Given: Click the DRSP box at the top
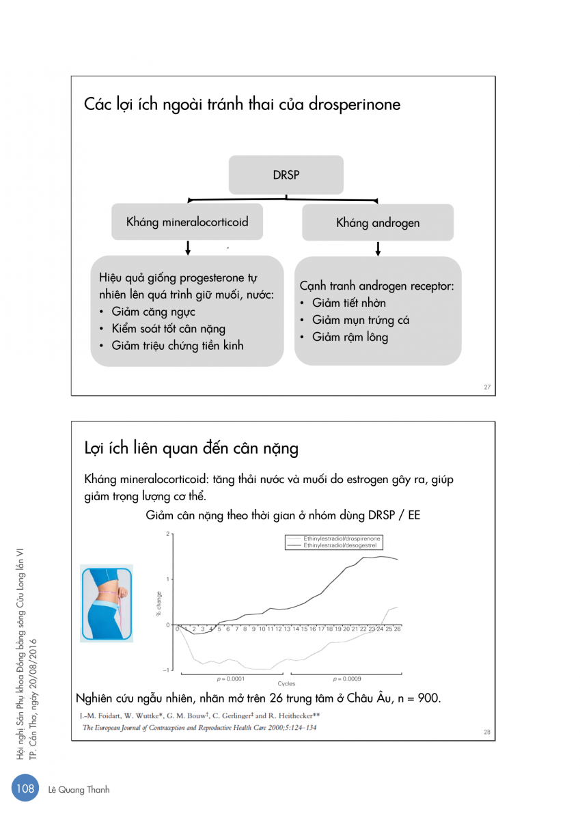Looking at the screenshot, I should click(x=286, y=175).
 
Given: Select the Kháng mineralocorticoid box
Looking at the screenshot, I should click(x=187, y=222).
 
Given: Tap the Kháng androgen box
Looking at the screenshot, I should click(x=378, y=223).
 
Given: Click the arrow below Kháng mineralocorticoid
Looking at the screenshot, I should click(x=187, y=247).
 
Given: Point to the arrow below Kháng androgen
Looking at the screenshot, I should click(x=378, y=248).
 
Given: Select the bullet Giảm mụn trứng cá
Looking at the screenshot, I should click(x=361, y=320).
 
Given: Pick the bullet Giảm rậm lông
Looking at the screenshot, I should click(x=350, y=337).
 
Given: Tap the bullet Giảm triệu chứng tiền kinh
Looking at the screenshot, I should click(x=178, y=346).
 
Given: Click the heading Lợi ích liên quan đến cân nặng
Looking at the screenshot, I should click(x=191, y=448).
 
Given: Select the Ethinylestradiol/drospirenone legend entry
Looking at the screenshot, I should click(x=342, y=539).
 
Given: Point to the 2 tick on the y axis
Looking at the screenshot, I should click(x=167, y=534).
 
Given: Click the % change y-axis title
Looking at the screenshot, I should click(x=159, y=603).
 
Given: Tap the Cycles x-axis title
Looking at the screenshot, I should click(x=286, y=683).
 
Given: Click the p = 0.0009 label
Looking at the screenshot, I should click(x=347, y=679).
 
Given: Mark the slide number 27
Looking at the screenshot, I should click(x=487, y=387).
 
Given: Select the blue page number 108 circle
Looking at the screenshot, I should click(x=26, y=789).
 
